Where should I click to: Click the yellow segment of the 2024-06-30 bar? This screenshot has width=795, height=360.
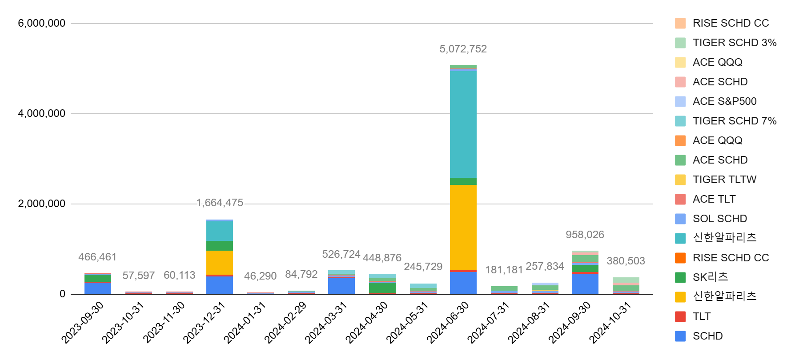[463, 227]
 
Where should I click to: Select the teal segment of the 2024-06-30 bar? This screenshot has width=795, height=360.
[463, 124]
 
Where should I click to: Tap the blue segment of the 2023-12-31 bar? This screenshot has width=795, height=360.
[219, 285]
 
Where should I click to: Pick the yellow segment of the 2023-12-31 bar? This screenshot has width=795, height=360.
[219, 262]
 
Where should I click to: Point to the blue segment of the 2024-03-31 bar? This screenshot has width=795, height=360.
[341, 286]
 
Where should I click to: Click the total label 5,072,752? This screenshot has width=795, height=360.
[463, 49]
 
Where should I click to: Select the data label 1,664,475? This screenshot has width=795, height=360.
[220, 203]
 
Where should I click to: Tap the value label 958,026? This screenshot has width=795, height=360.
[585, 235]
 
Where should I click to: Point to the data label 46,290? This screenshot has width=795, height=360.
[260, 276]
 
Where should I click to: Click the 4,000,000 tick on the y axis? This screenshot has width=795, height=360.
[41, 113]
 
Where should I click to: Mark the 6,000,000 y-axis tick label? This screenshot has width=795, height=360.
[41, 23]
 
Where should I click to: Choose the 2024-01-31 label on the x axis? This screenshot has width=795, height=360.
[246, 322]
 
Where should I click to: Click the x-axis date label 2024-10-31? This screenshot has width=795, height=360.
[611, 322]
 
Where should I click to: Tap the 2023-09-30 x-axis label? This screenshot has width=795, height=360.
[83, 322]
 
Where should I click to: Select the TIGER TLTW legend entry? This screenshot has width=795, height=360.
[724, 180]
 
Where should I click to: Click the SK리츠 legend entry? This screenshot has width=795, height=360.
[710, 277]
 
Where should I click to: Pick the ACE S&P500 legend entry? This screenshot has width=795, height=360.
[724, 101]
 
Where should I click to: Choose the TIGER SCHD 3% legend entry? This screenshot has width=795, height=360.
[734, 43]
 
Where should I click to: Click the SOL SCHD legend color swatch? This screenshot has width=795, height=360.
[680, 219]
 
